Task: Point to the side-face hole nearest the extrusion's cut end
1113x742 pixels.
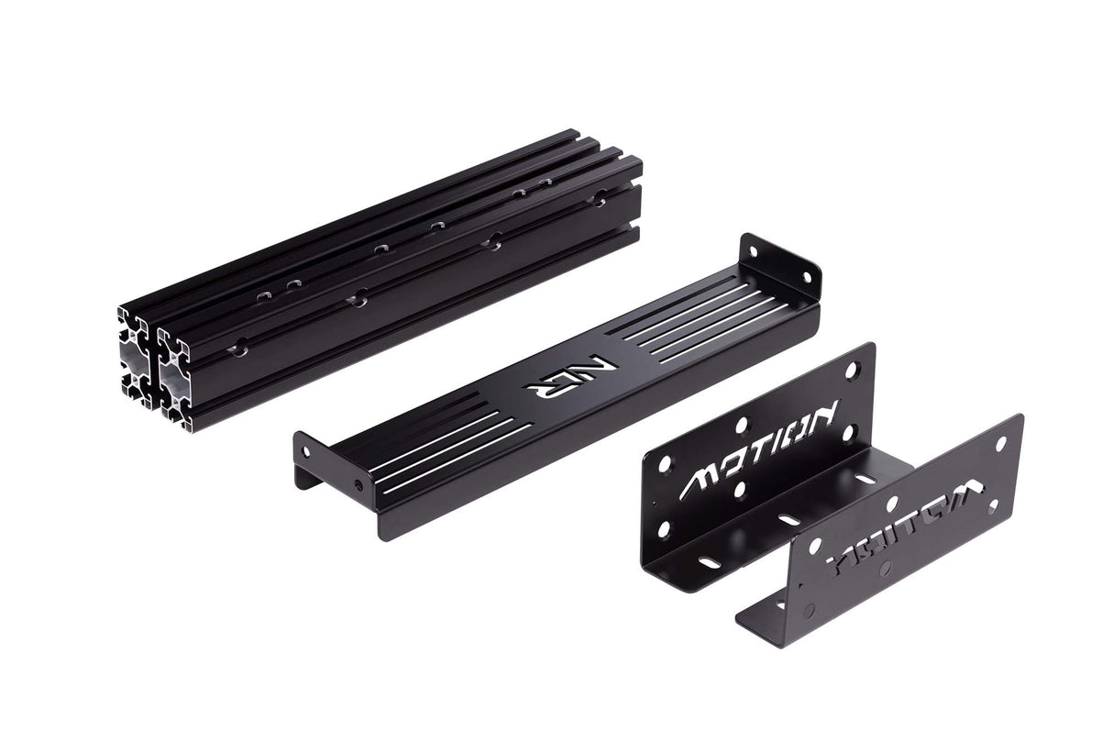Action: (239, 347)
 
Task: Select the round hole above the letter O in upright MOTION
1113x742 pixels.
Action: (742, 425)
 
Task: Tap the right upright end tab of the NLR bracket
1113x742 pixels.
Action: (779, 261)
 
